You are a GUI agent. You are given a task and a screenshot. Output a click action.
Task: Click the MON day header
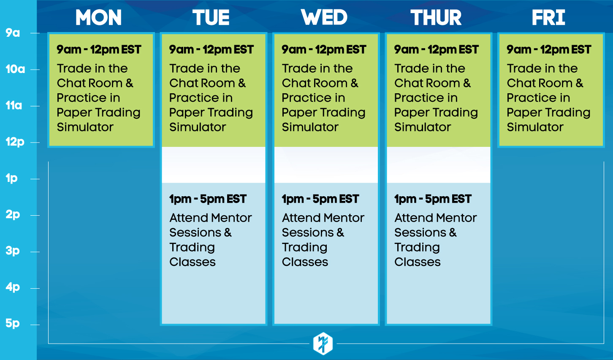98,17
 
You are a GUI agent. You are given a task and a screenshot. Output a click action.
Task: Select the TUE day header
211,17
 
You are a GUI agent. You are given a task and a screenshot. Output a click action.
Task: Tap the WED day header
324,17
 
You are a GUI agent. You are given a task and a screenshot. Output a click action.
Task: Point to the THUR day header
436,17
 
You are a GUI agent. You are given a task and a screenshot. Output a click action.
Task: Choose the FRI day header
548,17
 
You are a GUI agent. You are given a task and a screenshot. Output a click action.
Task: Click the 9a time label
13,33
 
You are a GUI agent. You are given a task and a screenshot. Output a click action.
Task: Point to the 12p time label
15,142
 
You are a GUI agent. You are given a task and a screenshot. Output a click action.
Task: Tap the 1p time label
11,179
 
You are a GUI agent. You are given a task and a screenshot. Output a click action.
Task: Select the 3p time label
13,251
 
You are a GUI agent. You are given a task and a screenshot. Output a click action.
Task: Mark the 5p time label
13,323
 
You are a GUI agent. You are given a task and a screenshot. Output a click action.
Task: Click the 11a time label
14,106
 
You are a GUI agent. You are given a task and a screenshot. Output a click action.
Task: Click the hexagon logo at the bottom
323,343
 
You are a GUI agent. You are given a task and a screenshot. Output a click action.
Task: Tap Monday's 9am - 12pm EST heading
99,50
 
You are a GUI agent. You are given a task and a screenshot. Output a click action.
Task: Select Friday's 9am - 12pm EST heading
549,50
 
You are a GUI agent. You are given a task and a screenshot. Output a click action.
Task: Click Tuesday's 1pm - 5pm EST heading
208,199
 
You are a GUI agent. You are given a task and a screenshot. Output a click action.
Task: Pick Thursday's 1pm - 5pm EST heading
433,199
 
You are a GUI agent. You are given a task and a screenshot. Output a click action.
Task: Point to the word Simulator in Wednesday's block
310,127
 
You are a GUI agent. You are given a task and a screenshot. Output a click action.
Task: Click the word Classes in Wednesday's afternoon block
305,262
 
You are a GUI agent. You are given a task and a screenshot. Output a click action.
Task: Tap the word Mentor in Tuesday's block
231,218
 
